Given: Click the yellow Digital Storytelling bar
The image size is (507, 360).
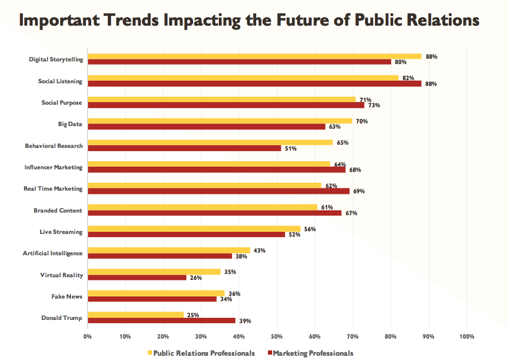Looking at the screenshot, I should click(x=254, y=56).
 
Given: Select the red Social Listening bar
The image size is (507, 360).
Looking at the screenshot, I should click(x=254, y=83).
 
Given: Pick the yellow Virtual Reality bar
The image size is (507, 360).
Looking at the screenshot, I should click(x=154, y=272).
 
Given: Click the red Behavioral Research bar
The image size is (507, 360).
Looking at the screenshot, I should click(x=184, y=148).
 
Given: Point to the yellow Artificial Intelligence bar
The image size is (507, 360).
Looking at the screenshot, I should click(x=169, y=250).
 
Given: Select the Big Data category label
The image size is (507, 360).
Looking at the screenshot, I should click(x=70, y=124).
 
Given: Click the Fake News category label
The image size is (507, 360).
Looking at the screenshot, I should click(x=67, y=296).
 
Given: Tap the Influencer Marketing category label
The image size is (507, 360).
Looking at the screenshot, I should click(x=53, y=167).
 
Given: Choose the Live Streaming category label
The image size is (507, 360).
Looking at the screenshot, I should click(x=61, y=232).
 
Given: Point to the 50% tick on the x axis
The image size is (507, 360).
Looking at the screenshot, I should click(x=276, y=336).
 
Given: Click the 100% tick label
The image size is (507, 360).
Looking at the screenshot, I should click(x=466, y=336).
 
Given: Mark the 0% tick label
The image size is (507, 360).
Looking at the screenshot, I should click(x=88, y=336).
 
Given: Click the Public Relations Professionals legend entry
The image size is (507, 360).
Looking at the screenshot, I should click(x=203, y=353).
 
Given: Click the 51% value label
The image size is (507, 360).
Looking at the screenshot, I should click(x=291, y=148).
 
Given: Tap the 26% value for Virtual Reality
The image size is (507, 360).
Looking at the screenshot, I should click(x=196, y=278).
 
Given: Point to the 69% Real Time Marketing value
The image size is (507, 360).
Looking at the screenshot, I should click(x=359, y=191).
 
